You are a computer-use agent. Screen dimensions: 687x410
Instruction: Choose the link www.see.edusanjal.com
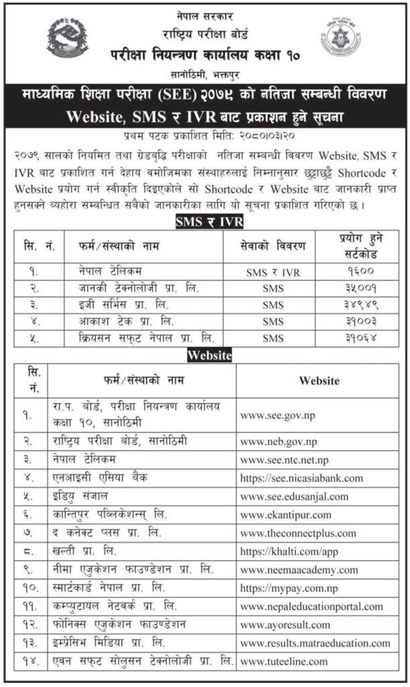(294, 496)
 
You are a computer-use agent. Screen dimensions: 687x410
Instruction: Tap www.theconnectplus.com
(298, 533)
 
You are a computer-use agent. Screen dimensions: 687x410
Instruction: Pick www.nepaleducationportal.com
(312, 606)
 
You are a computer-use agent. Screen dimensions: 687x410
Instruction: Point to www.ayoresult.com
(285, 625)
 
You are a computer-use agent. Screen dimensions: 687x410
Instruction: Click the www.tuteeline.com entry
(284, 661)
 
